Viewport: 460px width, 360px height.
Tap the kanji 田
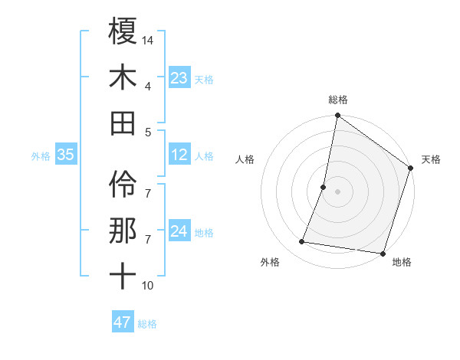[123, 123]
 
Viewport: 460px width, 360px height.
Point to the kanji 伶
[123, 185]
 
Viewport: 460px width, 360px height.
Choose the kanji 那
[123, 231]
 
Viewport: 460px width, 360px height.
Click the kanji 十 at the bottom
[123, 277]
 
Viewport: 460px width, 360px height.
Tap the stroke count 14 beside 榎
[149, 39]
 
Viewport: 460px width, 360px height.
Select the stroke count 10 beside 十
[149, 286]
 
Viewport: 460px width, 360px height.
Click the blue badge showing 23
[179, 78]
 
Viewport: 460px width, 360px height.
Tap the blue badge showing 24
[179, 232]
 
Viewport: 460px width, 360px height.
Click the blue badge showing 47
[122, 322]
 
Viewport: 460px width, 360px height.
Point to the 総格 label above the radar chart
[338, 100]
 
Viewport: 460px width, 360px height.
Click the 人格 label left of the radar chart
[245, 159]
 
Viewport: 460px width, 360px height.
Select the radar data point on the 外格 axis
[302, 242]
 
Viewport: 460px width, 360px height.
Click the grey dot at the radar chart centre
[337, 191]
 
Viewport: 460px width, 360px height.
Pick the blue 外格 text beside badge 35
[41, 156]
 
